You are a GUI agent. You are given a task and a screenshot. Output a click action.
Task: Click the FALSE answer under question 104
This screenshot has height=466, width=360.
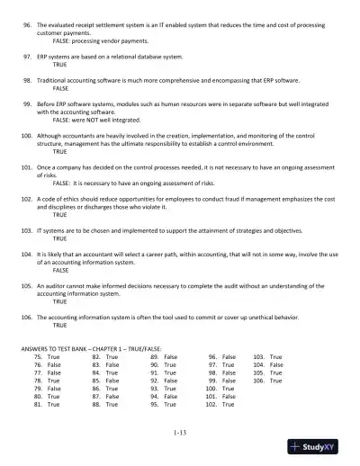pos(60,270)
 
